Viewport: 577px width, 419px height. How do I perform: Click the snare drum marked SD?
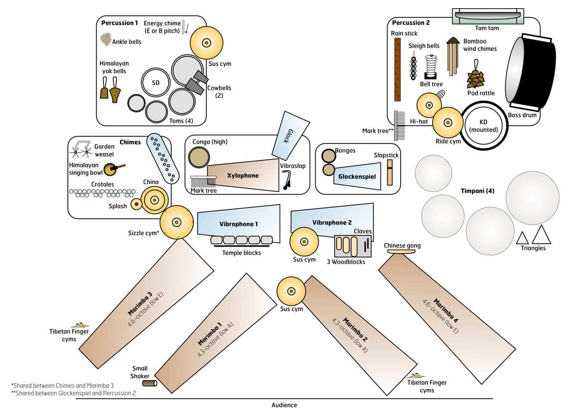(x=156, y=82)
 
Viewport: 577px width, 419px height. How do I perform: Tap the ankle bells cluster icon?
(x=106, y=39)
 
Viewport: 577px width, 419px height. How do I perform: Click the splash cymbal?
(x=136, y=204)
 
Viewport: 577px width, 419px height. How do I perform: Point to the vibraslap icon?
(x=286, y=180)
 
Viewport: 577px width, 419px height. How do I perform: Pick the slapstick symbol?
(x=390, y=172)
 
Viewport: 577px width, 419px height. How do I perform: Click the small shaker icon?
(x=150, y=383)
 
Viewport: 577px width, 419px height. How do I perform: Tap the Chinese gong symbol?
(x=401, y=251)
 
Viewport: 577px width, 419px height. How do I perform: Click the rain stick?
(x=398, y=70)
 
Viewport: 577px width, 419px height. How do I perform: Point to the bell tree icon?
(x=431, y=67)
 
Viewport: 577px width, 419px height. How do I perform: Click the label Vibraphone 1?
(x=238, y=224)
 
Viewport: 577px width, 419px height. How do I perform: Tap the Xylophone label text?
(x=243, y=175)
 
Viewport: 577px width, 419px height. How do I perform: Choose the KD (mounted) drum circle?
(x=484, y=126)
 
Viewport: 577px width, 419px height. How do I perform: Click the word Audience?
(x=284, y=405)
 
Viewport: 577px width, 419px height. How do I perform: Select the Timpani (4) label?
(x=477, y=191)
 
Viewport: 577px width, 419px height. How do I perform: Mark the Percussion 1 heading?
(x=120, y=23)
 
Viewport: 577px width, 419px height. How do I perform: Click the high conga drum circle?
(x=199, y=157)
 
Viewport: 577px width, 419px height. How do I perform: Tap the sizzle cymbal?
(x=176, y=222)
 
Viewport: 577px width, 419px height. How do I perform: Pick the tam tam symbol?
(x=488, y=16)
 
